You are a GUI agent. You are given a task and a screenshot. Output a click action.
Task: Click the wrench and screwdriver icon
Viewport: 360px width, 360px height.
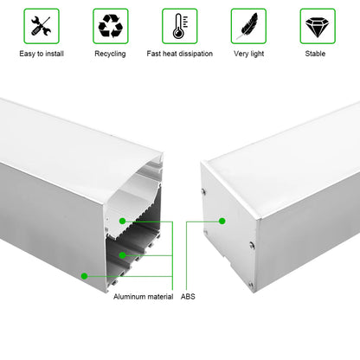[x=42, y=27]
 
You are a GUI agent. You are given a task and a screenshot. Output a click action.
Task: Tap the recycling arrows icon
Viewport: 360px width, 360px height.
[x=110, y=27]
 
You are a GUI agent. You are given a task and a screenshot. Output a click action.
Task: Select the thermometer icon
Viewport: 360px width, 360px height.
[x=179, y=27]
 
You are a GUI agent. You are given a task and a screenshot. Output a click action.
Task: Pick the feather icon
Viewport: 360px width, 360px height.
[x=248, y=27]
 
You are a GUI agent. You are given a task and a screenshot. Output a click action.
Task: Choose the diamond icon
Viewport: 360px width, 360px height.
[x=317, y=27]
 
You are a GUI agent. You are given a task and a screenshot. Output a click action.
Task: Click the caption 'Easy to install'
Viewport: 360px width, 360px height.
[x=42, y=54]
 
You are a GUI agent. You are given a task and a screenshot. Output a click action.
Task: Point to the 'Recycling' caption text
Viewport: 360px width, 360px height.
[x=110, y=54]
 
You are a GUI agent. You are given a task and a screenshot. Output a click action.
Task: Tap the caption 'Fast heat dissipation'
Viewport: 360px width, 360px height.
[x=179, y=54]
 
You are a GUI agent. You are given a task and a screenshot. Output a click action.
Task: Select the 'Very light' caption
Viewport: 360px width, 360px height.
[x=248, y=54]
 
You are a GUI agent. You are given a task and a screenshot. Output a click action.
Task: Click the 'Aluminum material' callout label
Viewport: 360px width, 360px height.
[x=143, y=296]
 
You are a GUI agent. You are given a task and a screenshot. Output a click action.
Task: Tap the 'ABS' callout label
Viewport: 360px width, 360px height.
[x=188, y=296]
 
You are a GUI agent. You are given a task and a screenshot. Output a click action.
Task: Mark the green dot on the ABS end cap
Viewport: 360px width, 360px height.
[x=222, y=221]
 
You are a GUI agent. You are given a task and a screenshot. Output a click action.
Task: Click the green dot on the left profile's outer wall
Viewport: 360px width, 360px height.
[x=85, y=276]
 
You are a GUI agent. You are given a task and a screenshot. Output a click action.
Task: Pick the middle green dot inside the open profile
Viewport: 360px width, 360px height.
[x=124, y=255]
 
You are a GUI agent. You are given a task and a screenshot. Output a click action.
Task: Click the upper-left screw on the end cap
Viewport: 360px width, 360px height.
[x=204, y=192]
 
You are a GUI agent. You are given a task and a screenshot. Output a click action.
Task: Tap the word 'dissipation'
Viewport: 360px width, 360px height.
[x=195, y=54]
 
